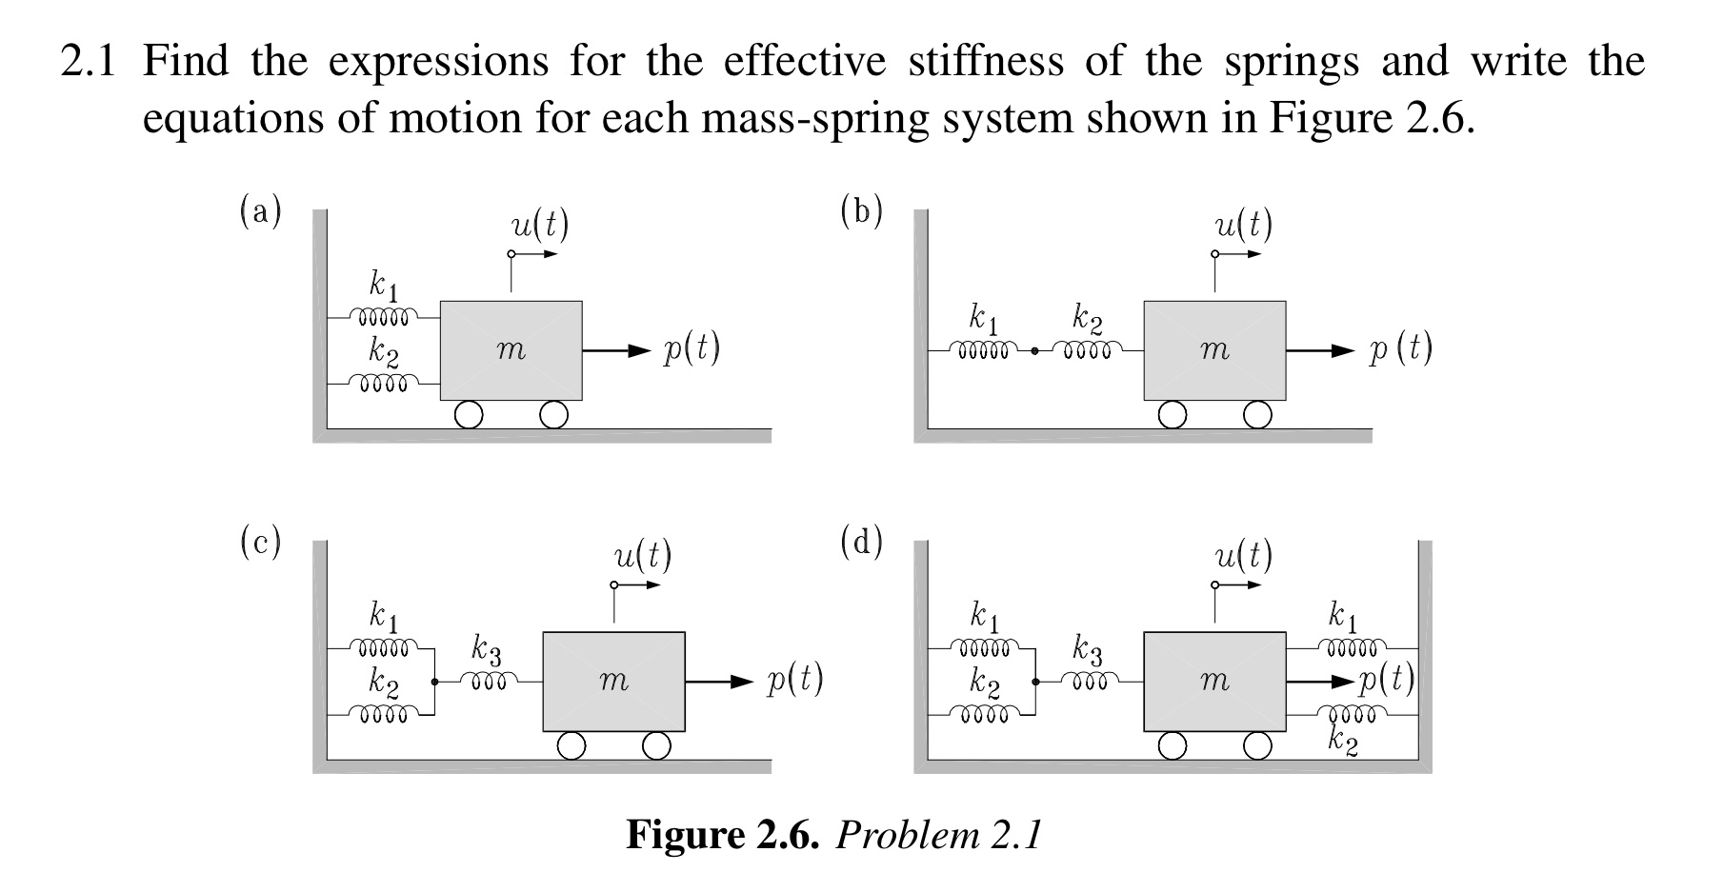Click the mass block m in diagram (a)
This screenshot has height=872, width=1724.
(511, 350)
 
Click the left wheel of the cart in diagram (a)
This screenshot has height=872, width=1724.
(469, 415)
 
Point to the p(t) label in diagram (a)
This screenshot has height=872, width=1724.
(692, 349)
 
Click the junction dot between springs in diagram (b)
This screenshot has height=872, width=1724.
(1034, 350)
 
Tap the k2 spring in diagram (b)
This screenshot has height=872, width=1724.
(1087, 350)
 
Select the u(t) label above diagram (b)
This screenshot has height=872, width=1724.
(1243, 225)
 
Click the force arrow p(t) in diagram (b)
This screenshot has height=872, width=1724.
(1320, 350)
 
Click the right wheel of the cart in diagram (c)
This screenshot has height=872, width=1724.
(655, 745)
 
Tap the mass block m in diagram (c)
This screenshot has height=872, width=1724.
(613, 681)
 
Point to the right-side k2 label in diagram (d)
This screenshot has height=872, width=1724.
(1343, 740)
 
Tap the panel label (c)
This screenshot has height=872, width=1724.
(260, 542)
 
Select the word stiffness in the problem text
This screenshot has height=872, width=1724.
(985, 61)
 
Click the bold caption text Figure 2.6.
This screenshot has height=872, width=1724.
(722, 835)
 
